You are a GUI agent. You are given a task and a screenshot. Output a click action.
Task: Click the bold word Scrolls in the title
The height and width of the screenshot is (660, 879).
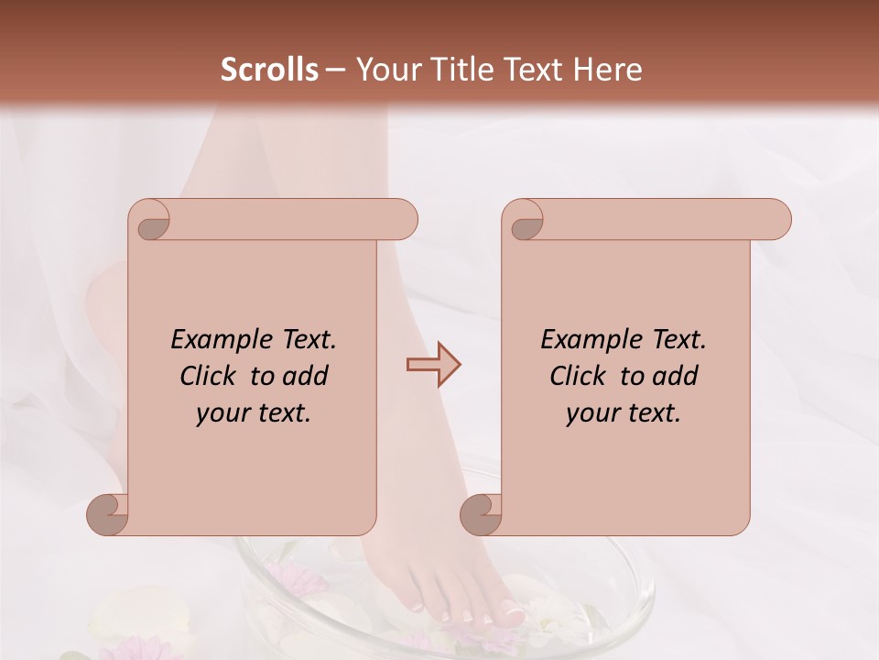click(269, 70)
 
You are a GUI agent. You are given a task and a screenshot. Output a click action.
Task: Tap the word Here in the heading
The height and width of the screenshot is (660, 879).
click(607, 70)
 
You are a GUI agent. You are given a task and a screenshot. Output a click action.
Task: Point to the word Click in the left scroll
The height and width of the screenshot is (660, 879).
click(211, 376)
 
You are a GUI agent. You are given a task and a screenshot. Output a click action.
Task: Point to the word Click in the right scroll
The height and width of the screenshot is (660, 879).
click(581, 376)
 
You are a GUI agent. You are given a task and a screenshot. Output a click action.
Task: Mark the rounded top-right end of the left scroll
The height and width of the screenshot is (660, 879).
click(403, 220)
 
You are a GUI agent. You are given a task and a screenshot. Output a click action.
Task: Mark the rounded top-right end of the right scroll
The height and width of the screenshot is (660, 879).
click(776, 220)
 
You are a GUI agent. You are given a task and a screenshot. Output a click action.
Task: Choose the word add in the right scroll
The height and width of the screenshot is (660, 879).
click(677, 376)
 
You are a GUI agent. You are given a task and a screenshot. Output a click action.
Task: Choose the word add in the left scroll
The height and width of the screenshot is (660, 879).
click(307, 376)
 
